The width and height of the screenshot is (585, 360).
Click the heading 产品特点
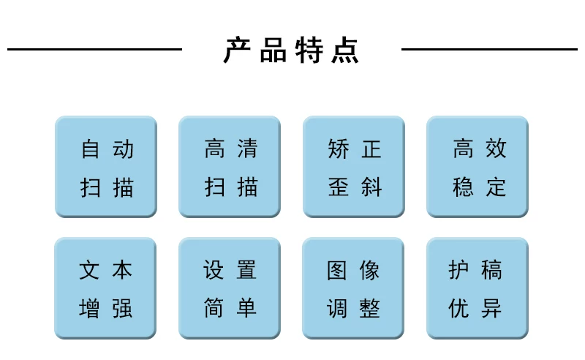[x=291, y=50]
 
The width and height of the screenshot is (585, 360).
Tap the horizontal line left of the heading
[x=94, y=49]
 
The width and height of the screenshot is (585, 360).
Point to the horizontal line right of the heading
[x=489, y=49]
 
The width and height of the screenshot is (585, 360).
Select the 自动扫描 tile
[x=106, y=167]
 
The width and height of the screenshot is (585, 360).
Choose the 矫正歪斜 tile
[x=354, y=167]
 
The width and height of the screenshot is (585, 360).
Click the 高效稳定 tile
[x=478, y=167]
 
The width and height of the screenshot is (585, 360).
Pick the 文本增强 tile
[x=105, y=288]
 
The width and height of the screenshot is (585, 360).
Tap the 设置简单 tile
[x=230, y=288]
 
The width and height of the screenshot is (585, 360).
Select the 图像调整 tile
[x=353, y=288]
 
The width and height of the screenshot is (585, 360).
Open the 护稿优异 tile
[x=478, y=288]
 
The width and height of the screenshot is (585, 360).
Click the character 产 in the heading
[x=237, y=50]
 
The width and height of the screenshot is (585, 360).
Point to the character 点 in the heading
[x=345, y=50]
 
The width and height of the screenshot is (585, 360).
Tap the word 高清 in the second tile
[x=231, y=149]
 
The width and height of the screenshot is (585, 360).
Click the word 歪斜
[x=355, y=187]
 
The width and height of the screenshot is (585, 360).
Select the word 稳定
[x=480, y=187]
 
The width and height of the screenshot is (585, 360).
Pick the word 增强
[x=105, y=308]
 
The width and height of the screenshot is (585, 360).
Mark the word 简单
[x=230, y=308]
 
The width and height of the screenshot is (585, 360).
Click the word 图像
[x=353, y=270]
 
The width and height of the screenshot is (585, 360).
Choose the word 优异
[x=475, y=308]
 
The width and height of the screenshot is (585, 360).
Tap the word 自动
[x=107, y=149]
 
